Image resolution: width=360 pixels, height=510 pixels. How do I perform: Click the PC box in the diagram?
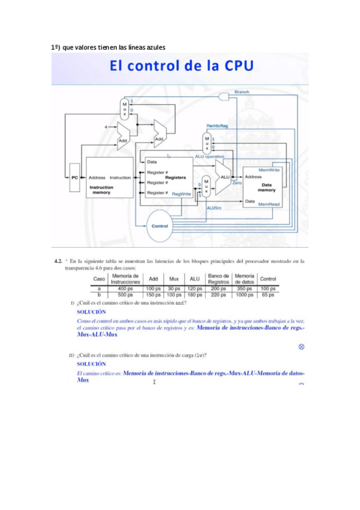pyautogui.click(x=74, y=178)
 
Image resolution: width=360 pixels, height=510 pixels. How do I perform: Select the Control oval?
pyautogui.click(x=159, y=226)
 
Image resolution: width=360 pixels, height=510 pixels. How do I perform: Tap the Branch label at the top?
pyautogui.click(x=242, y=92)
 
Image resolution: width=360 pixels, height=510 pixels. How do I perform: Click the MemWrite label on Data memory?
pyautogui.click(x=269, y=170)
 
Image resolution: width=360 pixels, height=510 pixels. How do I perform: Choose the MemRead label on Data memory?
pyautogui.click(x=269, y=204)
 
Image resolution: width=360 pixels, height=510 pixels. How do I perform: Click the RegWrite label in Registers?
pyautogui.click(x=182, y=194)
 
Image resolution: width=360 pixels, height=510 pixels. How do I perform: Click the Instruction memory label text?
pyautogui.click(x=101, y=190)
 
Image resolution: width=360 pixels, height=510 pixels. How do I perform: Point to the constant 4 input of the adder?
pyautogui.click(x=106, y=127)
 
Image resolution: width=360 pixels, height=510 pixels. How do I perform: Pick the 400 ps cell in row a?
pyautogui.click(x=125, y=289)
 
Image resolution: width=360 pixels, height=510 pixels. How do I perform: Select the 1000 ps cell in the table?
pyautogui.click(x=245, y=295)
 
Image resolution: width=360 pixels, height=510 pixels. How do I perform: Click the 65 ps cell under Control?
pyautogui.click(x=268, y=295)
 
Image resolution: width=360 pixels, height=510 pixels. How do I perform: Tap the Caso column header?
pyautogui.click(x=99, y=280)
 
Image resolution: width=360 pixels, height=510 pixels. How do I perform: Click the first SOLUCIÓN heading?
pyautogui.click(x=91, y=312)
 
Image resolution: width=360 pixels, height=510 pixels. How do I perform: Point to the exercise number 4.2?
pyautogui.click(x=59, y=262)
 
